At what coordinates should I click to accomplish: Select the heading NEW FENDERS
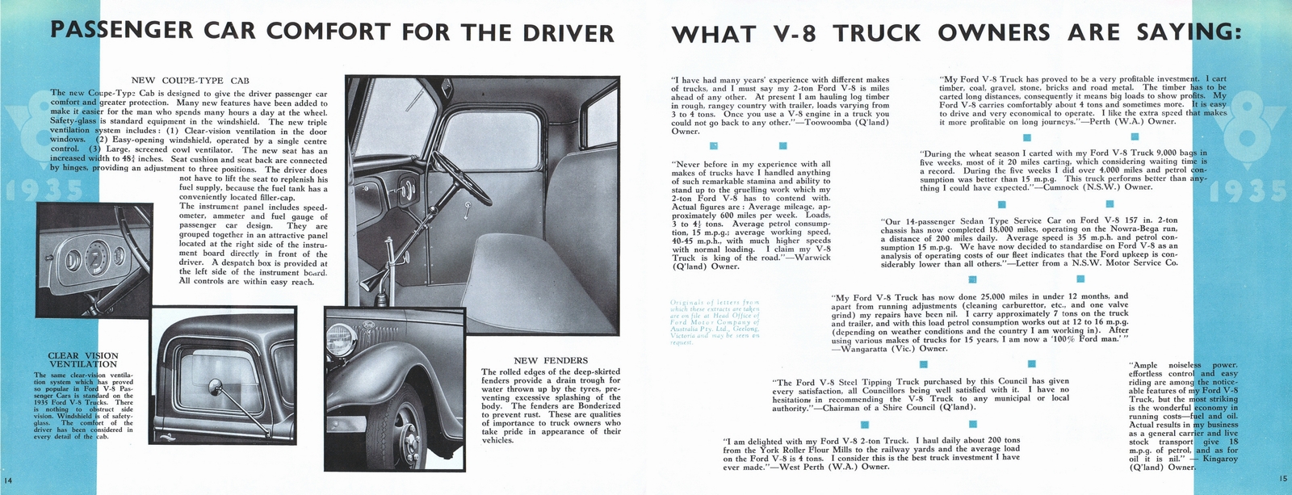pyautogui.click(x=551, y=360)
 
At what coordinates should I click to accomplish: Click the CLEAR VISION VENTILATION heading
pyautogui.click(x=83, y=360)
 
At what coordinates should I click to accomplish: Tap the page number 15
pyautogui.click(x=1283, y=479)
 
